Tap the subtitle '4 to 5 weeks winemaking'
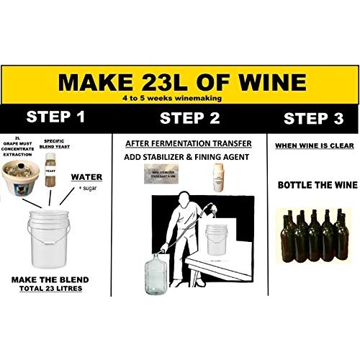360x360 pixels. (179, 98)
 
